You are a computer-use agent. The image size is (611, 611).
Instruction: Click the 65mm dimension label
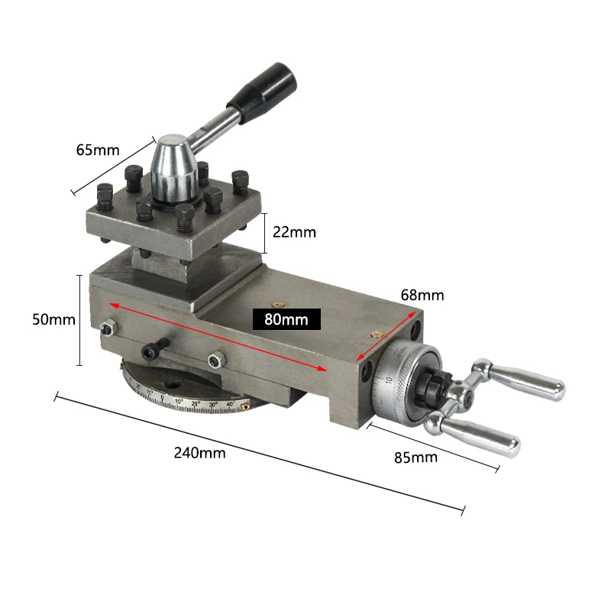[x=98, y=150]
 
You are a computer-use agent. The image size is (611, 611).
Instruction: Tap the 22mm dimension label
[x=294, y=232]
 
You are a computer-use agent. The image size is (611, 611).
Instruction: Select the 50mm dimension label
[x=53, y=319]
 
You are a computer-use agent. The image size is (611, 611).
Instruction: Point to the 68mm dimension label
[x=422, y=295]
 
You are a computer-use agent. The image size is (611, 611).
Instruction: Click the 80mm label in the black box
[x=286, y=319]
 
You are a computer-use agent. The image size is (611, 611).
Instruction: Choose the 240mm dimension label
[x=200, y=452]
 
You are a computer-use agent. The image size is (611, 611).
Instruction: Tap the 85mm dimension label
[x=416, y=457]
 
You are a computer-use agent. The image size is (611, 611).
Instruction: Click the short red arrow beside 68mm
[x=389, y=336]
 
